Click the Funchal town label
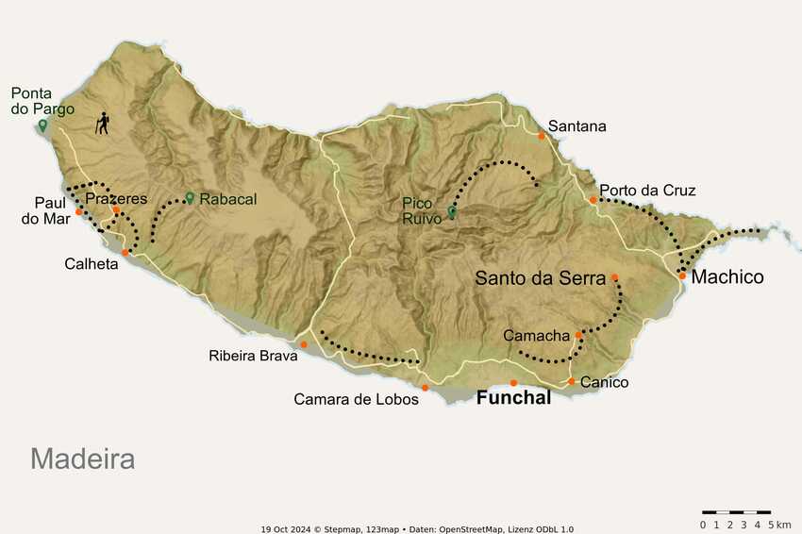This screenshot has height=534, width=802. coord(513,398)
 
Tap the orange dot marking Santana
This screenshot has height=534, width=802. coord(542,136)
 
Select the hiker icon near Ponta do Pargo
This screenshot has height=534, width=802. coord(102,124)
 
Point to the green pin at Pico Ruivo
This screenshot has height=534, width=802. coord(452,211)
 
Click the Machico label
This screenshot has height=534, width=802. coord(727,277)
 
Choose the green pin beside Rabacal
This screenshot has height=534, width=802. coord(190,198)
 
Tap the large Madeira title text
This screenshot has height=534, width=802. coord(82,459)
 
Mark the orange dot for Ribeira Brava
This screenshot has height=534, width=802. coord(303,344)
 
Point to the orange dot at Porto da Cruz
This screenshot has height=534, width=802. coord(593,200)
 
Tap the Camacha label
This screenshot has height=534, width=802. coord(536,336)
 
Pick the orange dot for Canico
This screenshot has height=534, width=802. coord(571,381)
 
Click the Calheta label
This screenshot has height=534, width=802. coord(92,264)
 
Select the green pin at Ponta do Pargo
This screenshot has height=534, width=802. coord(42,125)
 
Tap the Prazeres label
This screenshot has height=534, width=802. coord(116,199)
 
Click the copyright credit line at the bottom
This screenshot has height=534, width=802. coord(417,529)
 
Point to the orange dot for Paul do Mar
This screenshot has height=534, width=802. coord(79,212)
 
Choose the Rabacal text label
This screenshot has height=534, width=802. coord(227,199)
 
